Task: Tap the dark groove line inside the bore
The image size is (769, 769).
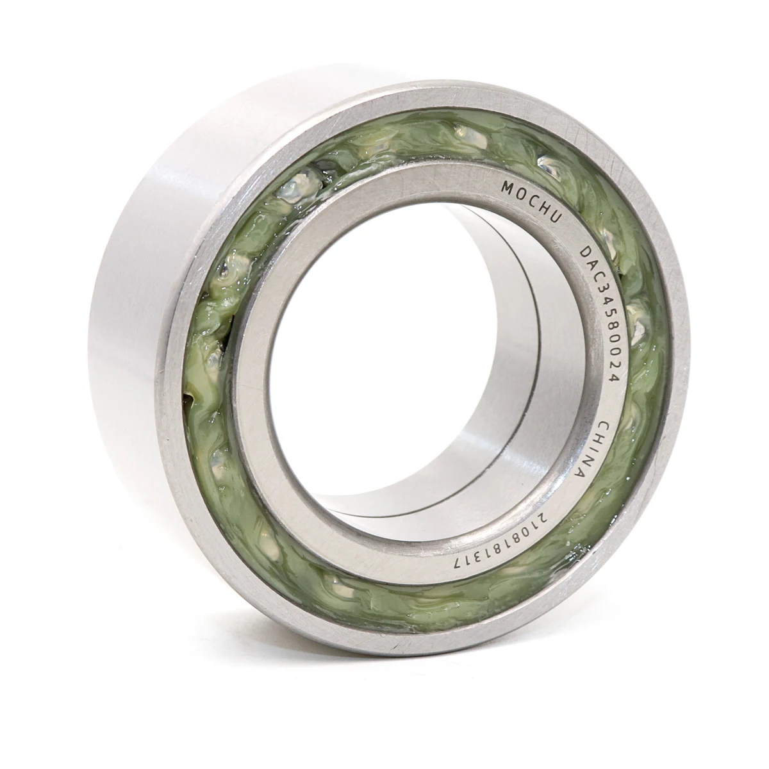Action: click(542, 359)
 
